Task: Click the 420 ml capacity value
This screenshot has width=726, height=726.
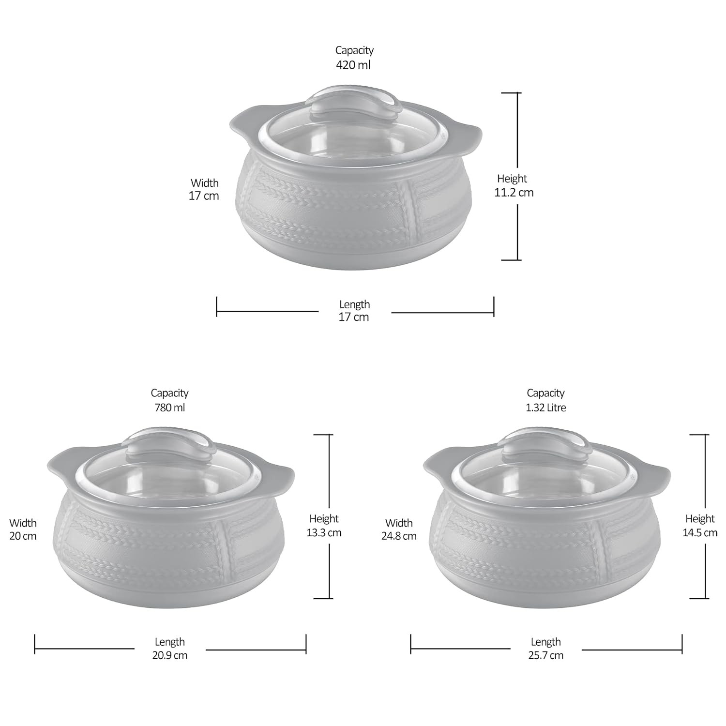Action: coord(353,65)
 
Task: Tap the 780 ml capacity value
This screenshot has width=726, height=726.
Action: coord(169,408)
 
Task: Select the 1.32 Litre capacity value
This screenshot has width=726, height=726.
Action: coord(546,408)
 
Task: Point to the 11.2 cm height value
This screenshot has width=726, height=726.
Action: coord(514,192)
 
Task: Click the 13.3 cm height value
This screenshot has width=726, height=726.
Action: coord(324,532)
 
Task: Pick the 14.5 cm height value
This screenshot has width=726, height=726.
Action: coord(700,532)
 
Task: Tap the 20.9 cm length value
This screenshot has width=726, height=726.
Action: coord(170,655)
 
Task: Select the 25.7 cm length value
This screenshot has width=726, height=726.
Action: coord(546,655)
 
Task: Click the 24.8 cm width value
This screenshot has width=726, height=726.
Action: coord(399,536)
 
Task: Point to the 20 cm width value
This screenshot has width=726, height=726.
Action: coord(23,536)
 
